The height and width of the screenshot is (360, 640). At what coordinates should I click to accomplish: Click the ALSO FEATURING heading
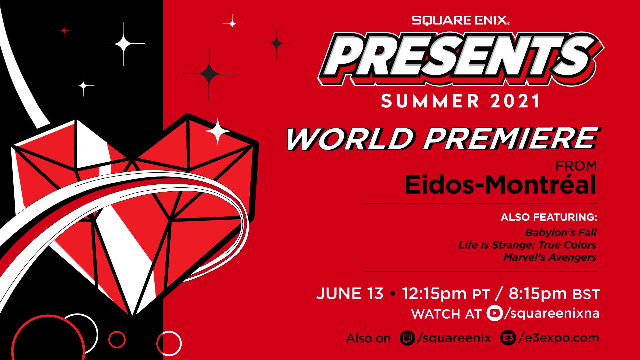pyautogui.click(x=548, y=217)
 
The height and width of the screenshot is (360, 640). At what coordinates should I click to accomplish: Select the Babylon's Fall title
pyautogui.click(x=561, y=232)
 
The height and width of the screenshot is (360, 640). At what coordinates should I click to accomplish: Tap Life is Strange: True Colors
pyautogui.click(x=527, y=245)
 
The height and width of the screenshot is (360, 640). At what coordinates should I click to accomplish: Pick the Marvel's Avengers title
pyautogui.click(x=550, y=257)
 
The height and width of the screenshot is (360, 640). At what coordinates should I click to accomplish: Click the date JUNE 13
pyautogui.click(x=350, y=294)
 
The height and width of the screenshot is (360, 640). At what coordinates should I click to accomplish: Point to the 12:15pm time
pyautogui.click(x=434, y=294)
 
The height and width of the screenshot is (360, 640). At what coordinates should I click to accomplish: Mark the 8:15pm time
pyautogui.click(x=538, y=294)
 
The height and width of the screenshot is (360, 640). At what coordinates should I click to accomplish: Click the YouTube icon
pyautogui.click(x=494, y=313)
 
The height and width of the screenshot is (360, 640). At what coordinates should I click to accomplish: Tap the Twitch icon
pyautogui.click(x=407, y=338)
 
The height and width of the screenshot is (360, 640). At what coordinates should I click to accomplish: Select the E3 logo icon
pyautogui.click(x=508, y=338)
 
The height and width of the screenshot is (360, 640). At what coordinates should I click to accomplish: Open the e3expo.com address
pyautogui.click(x=559, y=338)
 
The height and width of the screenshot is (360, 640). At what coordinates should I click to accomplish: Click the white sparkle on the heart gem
pyautogui.click(x=218, y=131)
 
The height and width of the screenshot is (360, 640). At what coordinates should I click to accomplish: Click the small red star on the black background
pyautogui.click(x=64, y=31)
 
